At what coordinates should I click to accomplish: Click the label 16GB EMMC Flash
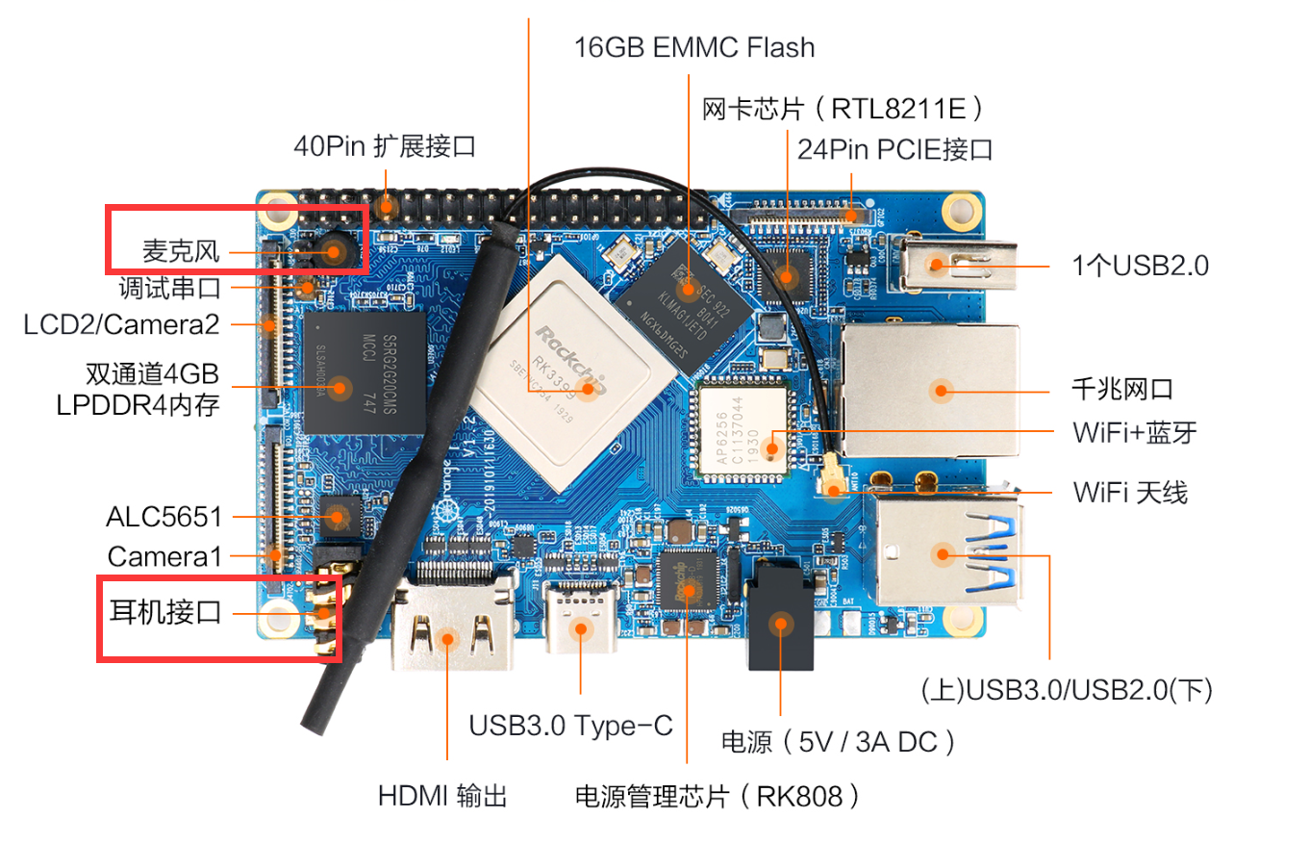pos(693,47)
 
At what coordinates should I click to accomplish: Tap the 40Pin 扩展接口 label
pos(385,146)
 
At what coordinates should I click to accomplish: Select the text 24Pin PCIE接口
pos(894,149)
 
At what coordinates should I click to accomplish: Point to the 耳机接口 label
pos(164,611)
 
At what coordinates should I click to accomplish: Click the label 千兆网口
pos(1121,390)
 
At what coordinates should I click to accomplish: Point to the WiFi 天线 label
pos(1130,493)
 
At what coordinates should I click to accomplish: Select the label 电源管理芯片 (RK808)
pos(716,796)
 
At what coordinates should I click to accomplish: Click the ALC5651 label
pos(164,517)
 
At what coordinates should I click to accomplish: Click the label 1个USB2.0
pos(1140,265)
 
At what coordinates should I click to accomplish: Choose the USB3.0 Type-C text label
pos(570,725)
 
